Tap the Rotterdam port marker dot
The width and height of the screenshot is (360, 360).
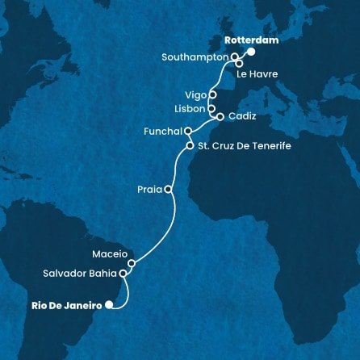250,52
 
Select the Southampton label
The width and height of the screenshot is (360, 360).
196,57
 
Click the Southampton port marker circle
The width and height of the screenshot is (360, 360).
235,57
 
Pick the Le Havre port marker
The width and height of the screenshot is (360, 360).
239,64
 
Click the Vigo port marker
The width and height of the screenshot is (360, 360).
212,94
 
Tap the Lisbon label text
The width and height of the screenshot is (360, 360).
187,107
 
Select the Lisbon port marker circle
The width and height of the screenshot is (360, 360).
211,107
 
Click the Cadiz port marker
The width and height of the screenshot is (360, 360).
220,116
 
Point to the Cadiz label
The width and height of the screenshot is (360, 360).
242,116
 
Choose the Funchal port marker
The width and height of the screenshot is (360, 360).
187,131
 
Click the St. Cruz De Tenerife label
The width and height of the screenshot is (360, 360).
239,146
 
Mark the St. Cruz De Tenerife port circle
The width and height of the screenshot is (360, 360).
190,146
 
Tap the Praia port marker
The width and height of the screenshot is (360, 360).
168,190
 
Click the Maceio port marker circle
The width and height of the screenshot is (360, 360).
132,262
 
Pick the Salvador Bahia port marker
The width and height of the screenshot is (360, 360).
123,274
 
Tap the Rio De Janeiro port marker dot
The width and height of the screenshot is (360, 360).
109,305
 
